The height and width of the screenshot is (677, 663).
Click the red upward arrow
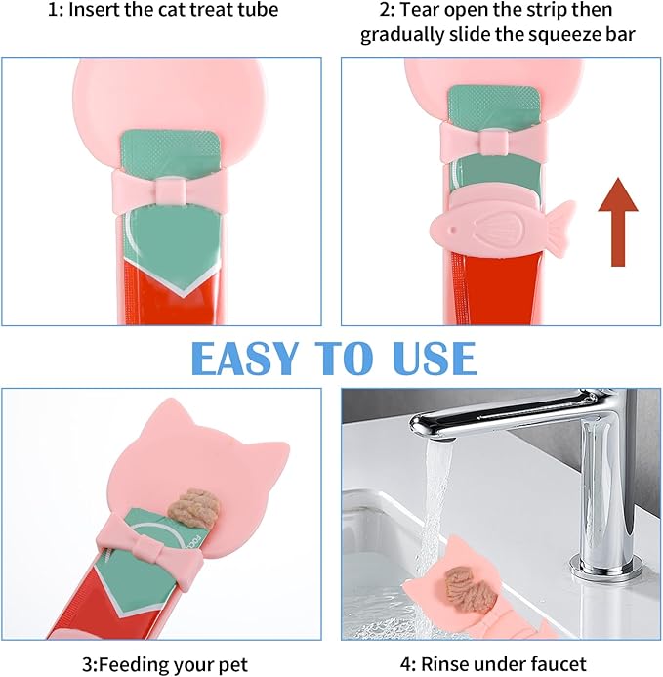pyautogui.click(x=618, y=222)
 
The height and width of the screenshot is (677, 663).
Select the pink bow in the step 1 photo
pyautogui.click(x=171, y=190)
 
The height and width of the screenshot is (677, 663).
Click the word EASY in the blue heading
pyautogui.click(x=245, y=358)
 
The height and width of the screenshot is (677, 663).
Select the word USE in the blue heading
pyautogui.click(x=435, y=358)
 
